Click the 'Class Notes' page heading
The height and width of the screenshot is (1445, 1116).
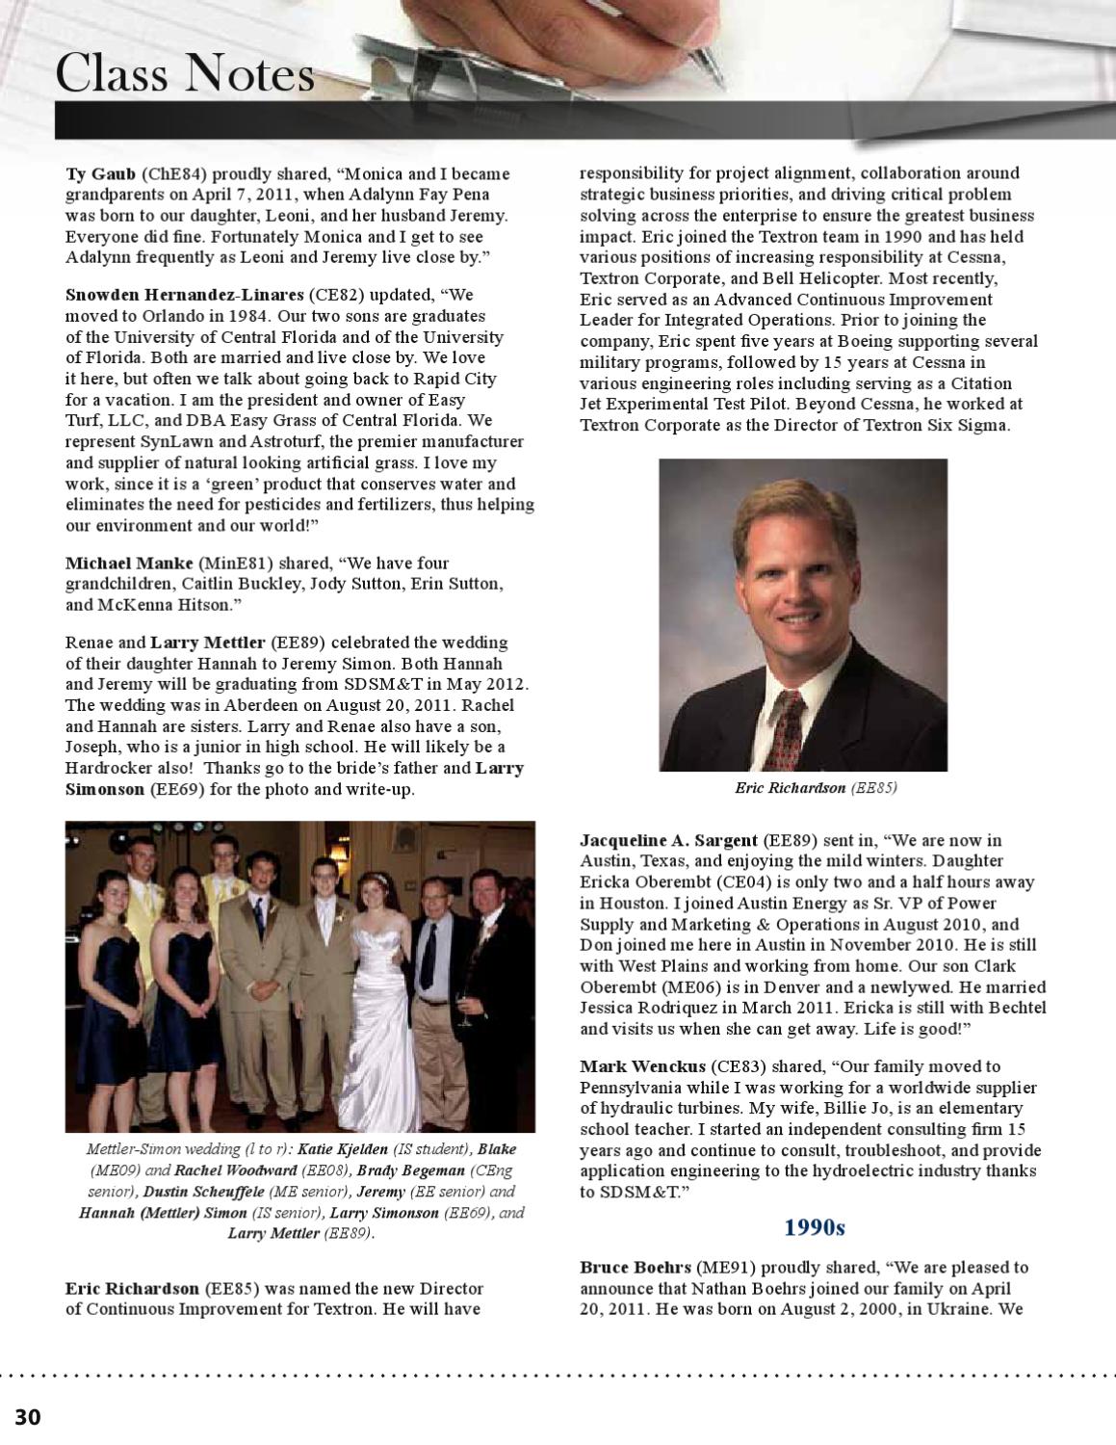(185, 75)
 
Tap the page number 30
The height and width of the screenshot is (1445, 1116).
(28, 1416)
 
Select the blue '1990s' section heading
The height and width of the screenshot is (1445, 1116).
(814, 1227)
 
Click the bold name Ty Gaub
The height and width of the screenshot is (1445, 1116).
(100, 174)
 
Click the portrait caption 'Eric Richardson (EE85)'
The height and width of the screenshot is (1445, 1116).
(816, 788)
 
